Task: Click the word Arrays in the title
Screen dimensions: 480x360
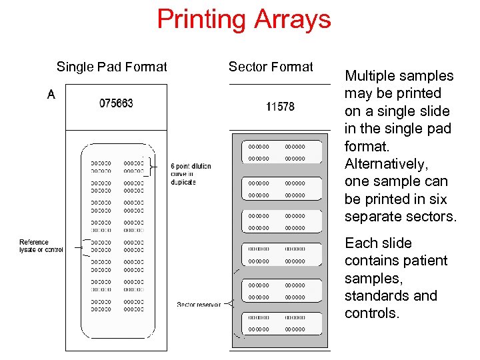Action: pyautogui.click(x=291, y=19)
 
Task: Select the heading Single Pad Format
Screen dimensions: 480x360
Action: pyautogui.click(x=112, y=67)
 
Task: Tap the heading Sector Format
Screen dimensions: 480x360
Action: pyautogui.click(x=271, y=67)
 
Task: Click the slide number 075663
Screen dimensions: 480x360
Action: pyautogui.click(x=116, y=103)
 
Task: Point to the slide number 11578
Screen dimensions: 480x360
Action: pyautogui.click(x=280, y=107)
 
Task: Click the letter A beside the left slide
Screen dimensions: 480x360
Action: pyautogui.click(x=51, y=95)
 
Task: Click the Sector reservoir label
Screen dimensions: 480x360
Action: pyautogui.click(x=199, y=305)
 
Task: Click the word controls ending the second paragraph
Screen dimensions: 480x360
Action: pyautogui.click(x=370, y=313)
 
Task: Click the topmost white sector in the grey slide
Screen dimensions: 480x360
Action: pyautogui.click(x=277, y=152)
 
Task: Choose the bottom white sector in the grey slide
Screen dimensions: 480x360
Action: pyautogui.click(x=277, y=323)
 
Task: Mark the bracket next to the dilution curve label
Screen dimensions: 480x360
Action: pyautogui.click(x=154, y=166)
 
